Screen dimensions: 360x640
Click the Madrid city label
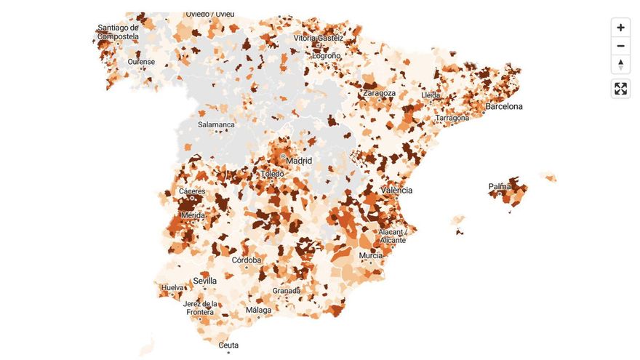pos(299,161)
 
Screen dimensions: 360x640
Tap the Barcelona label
pos(504,107)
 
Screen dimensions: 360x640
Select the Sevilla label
pos(204,281)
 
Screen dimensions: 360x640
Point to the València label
pos(396,191)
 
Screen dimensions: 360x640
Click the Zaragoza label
pos(379,94)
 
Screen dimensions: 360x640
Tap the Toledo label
pos(273,175)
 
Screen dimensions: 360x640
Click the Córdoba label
pos(247,260)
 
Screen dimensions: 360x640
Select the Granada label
pos(287,291)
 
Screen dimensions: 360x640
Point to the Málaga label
pos(258,311)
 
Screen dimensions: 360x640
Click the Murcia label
pos(371,256)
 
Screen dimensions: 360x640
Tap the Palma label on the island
pos(500,187)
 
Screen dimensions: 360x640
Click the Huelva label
pos(172,288)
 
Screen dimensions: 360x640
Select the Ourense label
pos(141,62)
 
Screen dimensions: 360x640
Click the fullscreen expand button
pos(620,89)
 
